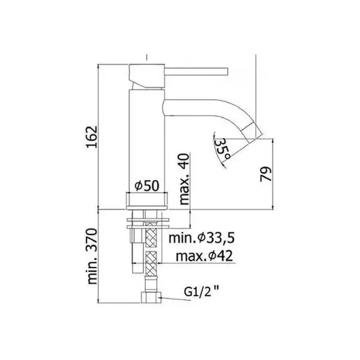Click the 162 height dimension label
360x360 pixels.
coord(92,137)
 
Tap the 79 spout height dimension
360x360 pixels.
coord(266,174)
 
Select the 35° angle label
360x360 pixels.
coord(221,149)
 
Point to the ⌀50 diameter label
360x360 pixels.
coord(146,185)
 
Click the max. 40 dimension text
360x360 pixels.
coord(184,179)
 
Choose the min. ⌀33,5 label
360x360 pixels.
coord(202,238)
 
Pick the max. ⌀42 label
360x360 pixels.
coord(204,256)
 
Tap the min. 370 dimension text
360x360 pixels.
coord(92,256)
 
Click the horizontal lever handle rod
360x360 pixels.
coord(196,71)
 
